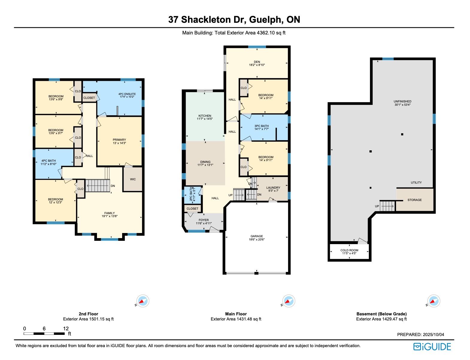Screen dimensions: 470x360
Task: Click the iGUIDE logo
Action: tap(432, 347)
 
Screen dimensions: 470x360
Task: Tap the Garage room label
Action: tap(257, 236)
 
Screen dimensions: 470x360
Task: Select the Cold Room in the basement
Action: tap(349, 252)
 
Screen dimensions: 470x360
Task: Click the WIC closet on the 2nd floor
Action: tap(133, 179)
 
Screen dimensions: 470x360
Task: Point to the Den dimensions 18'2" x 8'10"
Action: tap(257, 65)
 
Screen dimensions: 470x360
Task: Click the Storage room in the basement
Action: tap(415, 200)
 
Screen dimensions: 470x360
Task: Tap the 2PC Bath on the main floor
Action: tap(192, 195)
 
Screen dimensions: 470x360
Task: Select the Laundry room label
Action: tap(273, 187)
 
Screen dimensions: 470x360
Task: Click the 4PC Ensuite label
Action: tap(127, 94)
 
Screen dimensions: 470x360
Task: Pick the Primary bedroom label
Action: tap(119, 140)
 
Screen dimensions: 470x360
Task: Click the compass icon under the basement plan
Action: tap(434, 301)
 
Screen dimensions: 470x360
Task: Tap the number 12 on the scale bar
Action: tap(66, 329)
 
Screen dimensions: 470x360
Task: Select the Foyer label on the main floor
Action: tap(204, 220)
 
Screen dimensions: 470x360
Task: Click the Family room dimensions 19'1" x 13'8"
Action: tap(110, 216)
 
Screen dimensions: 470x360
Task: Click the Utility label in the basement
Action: tap(416, 183)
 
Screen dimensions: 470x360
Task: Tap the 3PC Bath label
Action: tap(262, 126)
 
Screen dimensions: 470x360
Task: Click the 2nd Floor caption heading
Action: tap(88, 314)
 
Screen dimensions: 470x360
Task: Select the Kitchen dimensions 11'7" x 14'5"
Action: tap(204, 119)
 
